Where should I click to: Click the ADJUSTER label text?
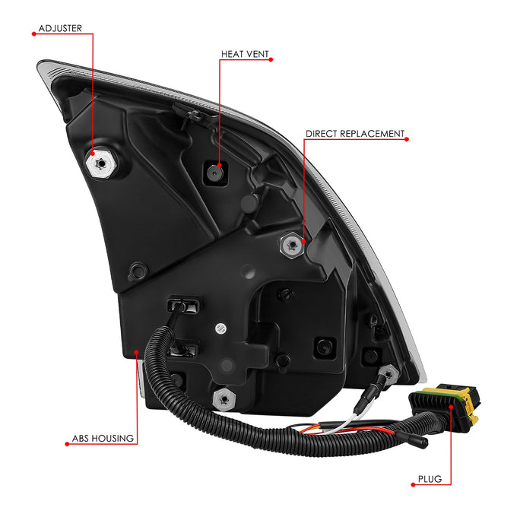point(60,28)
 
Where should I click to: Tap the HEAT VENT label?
point(245,54)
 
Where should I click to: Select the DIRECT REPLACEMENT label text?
point(355,134)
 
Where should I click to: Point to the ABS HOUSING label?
point(103,438)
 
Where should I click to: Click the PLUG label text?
point(430,479)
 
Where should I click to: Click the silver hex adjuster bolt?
point(101,163)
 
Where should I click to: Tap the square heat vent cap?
point(215,173)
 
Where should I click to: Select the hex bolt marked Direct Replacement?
point(292,245)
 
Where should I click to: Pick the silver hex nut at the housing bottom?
point(224,400)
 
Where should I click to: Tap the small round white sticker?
point(221,328)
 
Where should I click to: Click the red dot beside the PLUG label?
point(413,484)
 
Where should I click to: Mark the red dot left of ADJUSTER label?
point(33,33)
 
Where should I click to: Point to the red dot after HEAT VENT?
point(271,59)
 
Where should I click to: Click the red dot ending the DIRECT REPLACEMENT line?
point(407,139)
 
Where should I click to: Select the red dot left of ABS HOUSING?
point(67,444)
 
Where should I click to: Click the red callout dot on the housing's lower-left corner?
point(136,352)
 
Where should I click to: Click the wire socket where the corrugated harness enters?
point(183,306)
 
